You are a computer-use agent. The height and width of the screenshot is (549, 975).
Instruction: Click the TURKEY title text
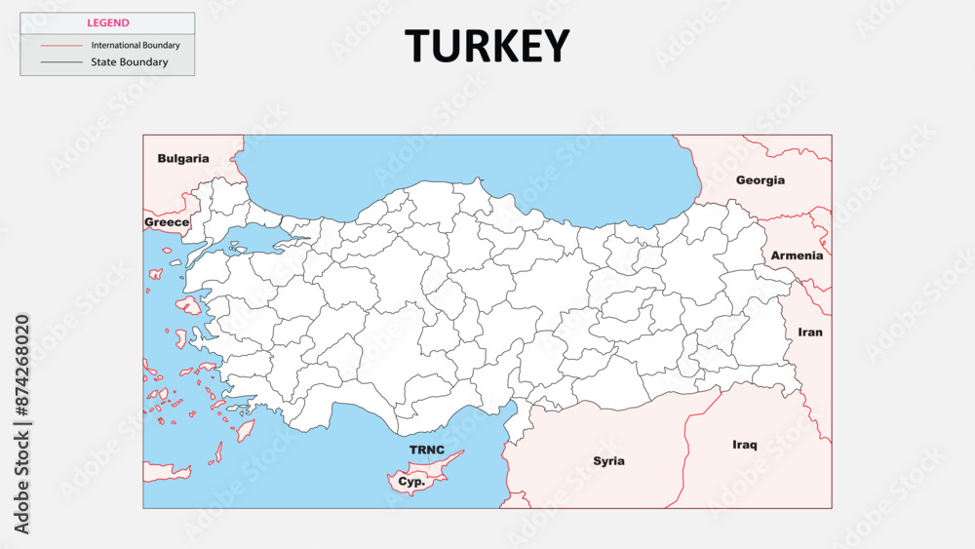[x=487, y=46]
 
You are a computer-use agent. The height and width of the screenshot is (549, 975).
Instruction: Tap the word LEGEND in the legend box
[x=107, y=22]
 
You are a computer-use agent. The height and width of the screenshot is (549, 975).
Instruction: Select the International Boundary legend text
[x=136, y=45]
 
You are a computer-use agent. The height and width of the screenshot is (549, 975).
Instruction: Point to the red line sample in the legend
[x=61, y=45]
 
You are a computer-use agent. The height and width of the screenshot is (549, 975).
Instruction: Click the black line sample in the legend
[x=61, y=62]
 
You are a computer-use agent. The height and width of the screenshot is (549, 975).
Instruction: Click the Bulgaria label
[x=183, y=158]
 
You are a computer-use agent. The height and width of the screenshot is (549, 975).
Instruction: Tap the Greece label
[x=167, y=222]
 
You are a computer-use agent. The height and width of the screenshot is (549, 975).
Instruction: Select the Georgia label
[x=760, y=180]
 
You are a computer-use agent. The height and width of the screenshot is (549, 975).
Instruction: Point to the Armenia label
[x=797, y=255]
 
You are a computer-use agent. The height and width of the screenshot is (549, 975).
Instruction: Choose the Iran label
[x=810, y=332]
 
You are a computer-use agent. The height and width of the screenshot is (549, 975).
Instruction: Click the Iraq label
[x=744, y=445]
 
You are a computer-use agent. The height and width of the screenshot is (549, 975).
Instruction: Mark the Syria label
[x=609, y=460]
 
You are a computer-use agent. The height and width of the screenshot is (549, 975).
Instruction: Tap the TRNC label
[x=427, y=450]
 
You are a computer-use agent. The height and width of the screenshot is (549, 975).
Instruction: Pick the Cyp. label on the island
[x=410, y=481]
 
